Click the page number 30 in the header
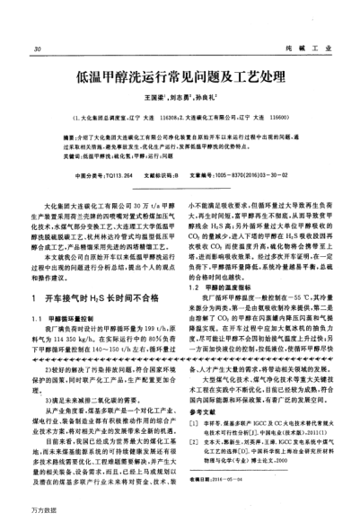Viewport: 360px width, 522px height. (x=35, y=48)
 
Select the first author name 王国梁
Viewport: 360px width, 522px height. (x=152, y=102)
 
